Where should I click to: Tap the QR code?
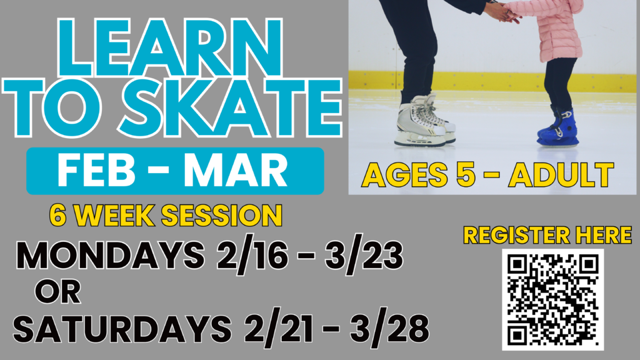point(552,299)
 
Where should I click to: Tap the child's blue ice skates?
point(557,127)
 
